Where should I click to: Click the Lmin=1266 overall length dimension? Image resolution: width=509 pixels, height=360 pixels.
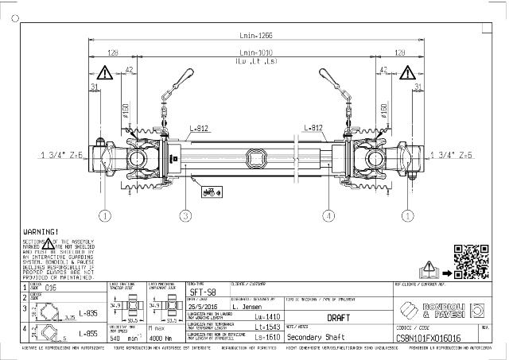254,35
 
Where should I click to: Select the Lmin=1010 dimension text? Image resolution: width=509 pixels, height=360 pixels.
254,53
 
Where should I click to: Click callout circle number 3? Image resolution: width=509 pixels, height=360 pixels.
184,215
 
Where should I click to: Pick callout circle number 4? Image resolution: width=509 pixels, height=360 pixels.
328,215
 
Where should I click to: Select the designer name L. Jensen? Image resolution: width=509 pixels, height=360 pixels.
247,304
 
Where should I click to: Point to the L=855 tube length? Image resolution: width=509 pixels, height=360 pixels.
68,334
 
